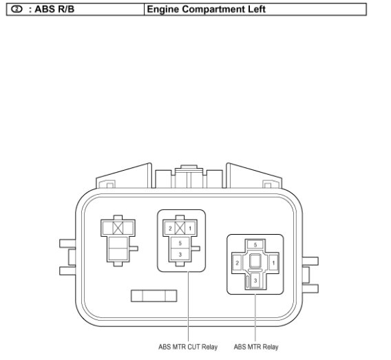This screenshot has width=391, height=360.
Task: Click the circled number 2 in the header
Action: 17,9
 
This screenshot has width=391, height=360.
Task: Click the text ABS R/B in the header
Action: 54,9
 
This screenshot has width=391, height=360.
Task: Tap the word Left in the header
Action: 257,9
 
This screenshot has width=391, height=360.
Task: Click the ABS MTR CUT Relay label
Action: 188,347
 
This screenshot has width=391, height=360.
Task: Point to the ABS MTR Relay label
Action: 256,347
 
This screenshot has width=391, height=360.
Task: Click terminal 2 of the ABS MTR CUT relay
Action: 170,228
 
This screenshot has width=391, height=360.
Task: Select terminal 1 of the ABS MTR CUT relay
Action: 190,228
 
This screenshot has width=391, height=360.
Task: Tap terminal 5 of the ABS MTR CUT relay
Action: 180,243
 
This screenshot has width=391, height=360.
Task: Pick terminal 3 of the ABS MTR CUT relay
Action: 180,254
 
